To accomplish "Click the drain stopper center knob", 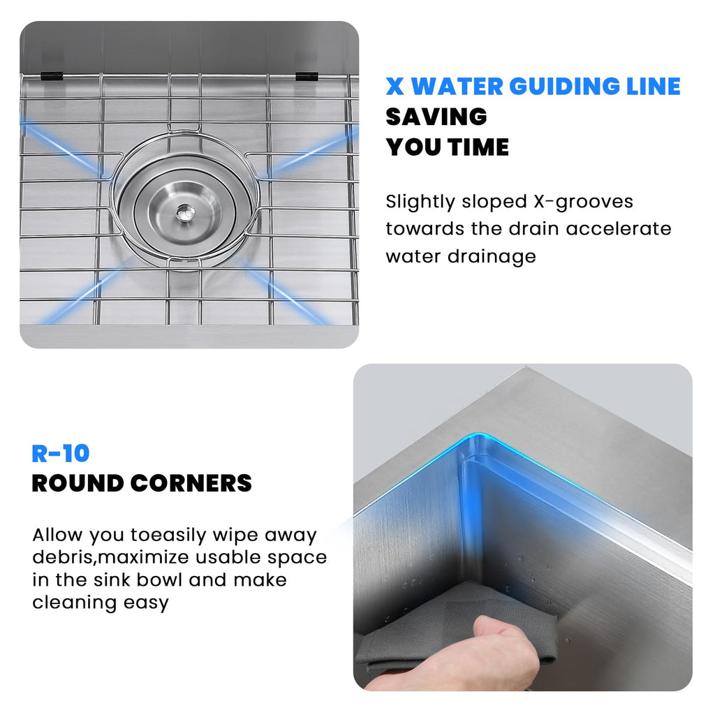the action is click(x=186, y=212).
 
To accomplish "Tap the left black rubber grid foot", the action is click(x=52, y=75).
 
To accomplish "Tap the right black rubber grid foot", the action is click(x=307, y=75).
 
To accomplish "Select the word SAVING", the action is click(x=436, y=117).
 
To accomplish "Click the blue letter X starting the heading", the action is click(x=395, y=87).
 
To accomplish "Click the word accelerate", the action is click(x=619, y=228).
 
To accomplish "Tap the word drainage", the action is click(x=492, y=256).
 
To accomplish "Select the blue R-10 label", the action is click(x=60, y=454).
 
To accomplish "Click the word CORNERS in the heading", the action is click(x=191, y=483).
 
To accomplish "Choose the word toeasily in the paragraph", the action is click(x=168, y=536).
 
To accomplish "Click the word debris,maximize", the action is click(x=110, y=557).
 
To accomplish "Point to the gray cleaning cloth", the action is click(x=456, y=625).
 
